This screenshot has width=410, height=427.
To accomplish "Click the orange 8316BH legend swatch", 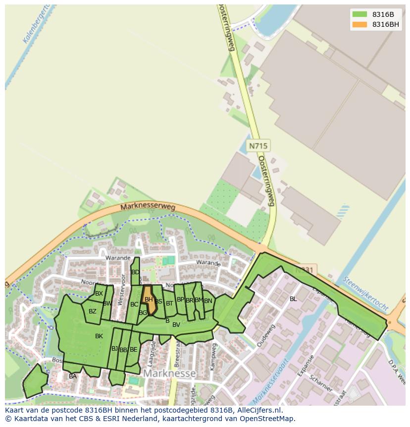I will [x=359, y=24].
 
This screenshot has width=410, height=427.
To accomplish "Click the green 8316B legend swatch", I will [x=359, y=14].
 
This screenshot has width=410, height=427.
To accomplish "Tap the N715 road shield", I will [x=258, y=146].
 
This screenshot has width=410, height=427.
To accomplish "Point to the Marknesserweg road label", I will [x=148, y=208].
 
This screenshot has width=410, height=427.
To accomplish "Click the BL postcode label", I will [x=293, y=299].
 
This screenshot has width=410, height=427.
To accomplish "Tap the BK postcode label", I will [x=99, y=336].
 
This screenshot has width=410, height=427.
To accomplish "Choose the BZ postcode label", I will [x=93, y=311].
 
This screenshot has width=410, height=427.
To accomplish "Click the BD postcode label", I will [x=135, y=272].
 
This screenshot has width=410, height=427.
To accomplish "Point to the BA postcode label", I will [x=73, y=376].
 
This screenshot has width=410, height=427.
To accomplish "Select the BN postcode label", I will [x=208, y=301].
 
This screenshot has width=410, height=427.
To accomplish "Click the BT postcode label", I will [x=169, y=303].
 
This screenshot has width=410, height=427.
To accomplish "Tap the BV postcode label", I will [x=176, y=325].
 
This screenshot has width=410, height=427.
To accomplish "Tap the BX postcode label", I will [x=99, y=294].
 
